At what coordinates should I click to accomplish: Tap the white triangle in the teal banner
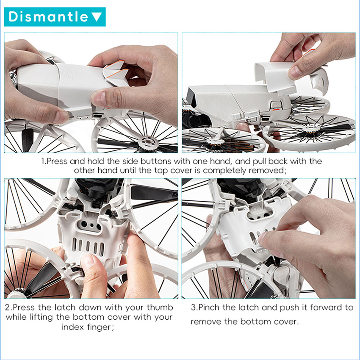[x=97, y=17]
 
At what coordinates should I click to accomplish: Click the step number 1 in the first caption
[x=43, y=161]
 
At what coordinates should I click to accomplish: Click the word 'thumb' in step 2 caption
[x=160, y=307]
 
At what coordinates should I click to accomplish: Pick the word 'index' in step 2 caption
[x=73, y=327]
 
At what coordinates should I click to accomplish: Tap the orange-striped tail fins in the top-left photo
[x=116, y=72]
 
